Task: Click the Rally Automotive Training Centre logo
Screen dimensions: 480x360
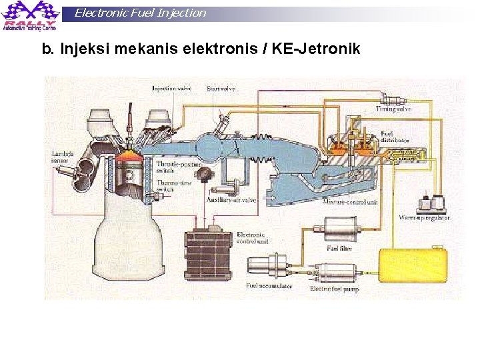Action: tap(30, 15)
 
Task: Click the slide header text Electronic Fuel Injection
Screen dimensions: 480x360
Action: tap(140, 13)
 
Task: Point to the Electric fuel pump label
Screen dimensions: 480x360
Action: tap(334, 289)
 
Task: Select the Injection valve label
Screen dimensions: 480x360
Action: tap(172, 88)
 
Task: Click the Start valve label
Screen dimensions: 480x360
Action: tap(220, 88)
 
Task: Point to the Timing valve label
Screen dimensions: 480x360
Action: tap(393, 109)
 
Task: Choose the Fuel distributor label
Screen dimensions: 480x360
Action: tap(391, 137)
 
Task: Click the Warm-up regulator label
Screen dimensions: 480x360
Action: tap(424, 218)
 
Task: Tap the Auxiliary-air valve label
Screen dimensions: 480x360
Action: tap(231, 199)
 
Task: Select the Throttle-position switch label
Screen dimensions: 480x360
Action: tap(175, 167)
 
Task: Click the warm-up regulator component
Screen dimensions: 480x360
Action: tap(431, 203)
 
